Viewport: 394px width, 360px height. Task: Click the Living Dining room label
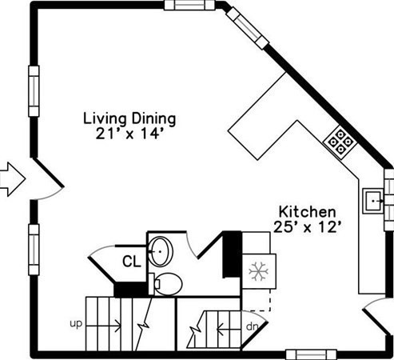129,119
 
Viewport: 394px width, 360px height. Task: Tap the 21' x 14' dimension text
129,134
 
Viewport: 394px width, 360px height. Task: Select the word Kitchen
307,212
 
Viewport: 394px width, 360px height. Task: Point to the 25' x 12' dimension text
307,227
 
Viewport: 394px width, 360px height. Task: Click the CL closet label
131,262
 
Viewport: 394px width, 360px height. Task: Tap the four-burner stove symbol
340,142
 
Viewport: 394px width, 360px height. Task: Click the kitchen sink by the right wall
374,201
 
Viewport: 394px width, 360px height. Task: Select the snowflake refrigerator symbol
258,271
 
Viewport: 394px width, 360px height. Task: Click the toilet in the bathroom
165,284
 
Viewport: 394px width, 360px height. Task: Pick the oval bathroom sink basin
161,251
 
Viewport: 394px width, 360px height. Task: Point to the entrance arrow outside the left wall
13,179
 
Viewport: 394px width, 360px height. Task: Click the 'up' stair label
76,324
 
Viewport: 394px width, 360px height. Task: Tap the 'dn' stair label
252,326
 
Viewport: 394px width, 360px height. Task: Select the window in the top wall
189,5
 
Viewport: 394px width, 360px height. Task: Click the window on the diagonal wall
248,28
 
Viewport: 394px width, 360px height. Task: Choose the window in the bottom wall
311,355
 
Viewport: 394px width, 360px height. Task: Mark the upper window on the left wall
34,91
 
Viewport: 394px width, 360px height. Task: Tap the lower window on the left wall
34,250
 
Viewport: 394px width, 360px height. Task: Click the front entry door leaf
48,173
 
